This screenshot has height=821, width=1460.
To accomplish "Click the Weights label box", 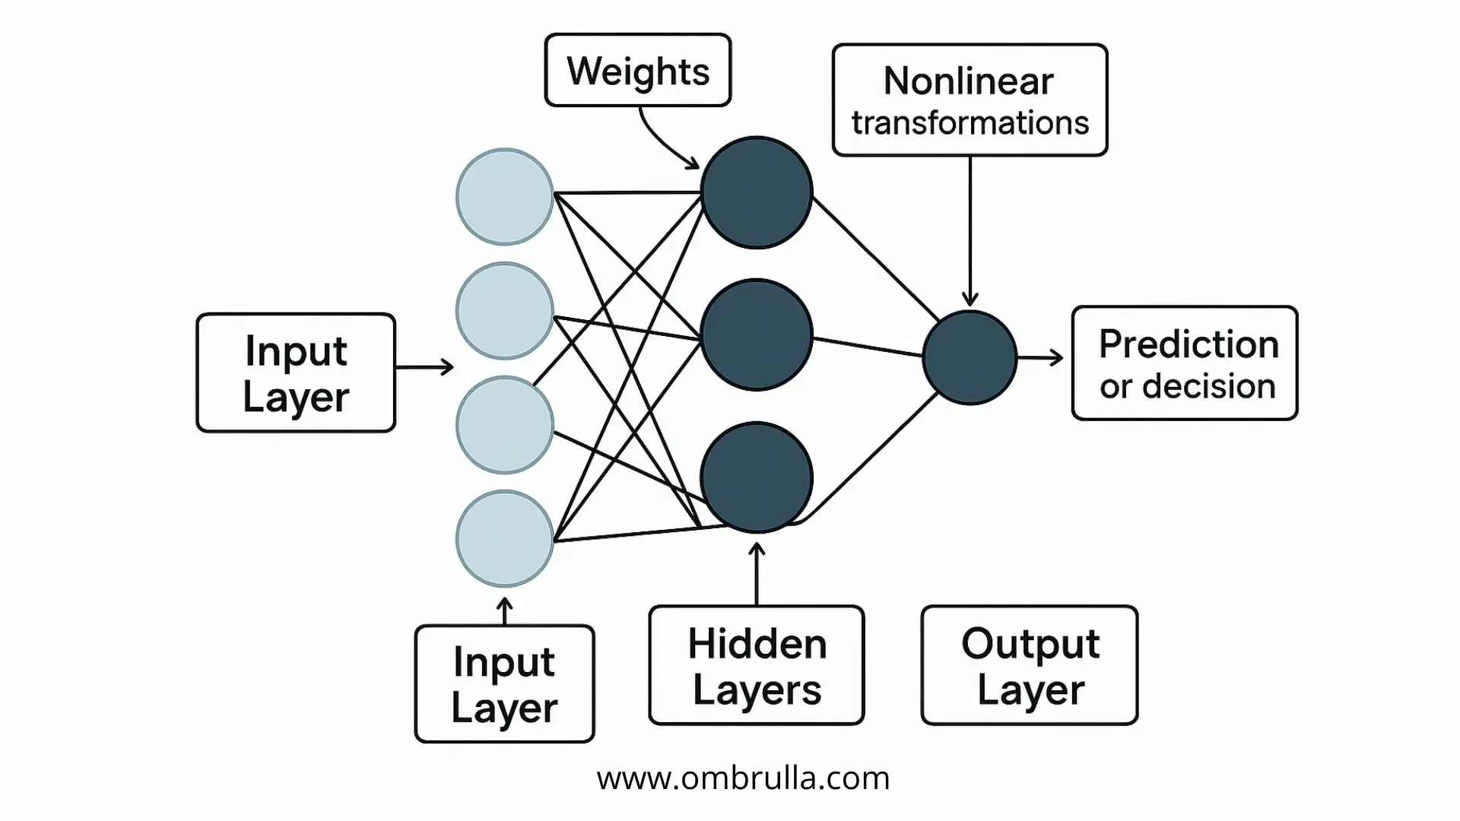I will coord(637,70).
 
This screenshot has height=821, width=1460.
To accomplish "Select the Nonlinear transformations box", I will coord(970,100).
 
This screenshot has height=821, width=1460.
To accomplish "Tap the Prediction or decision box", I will coord(1185,363).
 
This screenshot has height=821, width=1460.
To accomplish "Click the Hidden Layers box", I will coord(757,665).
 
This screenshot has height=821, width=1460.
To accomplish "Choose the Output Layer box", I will coord(1030,665).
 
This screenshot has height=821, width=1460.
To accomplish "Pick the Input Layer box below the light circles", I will coord(504,683).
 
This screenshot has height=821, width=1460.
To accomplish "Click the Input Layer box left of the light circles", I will coord(296,372).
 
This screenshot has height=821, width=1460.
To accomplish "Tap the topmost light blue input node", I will coord(504,196).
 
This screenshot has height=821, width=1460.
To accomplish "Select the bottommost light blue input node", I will coord(504,538).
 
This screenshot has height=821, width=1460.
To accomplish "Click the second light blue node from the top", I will coord(504,310).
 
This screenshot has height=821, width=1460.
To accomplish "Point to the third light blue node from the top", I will coord(504,424).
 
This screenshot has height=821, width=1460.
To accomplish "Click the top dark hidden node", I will coord(757,192).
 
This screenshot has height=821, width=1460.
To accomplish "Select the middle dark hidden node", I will coord(757,334).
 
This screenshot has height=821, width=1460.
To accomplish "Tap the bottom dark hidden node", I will coord(757,477).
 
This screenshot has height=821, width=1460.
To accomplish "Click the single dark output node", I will coord(970,357).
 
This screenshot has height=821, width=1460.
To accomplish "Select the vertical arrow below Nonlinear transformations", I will coord(970,228).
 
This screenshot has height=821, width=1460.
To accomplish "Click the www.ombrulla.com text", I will coord(743,778).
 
